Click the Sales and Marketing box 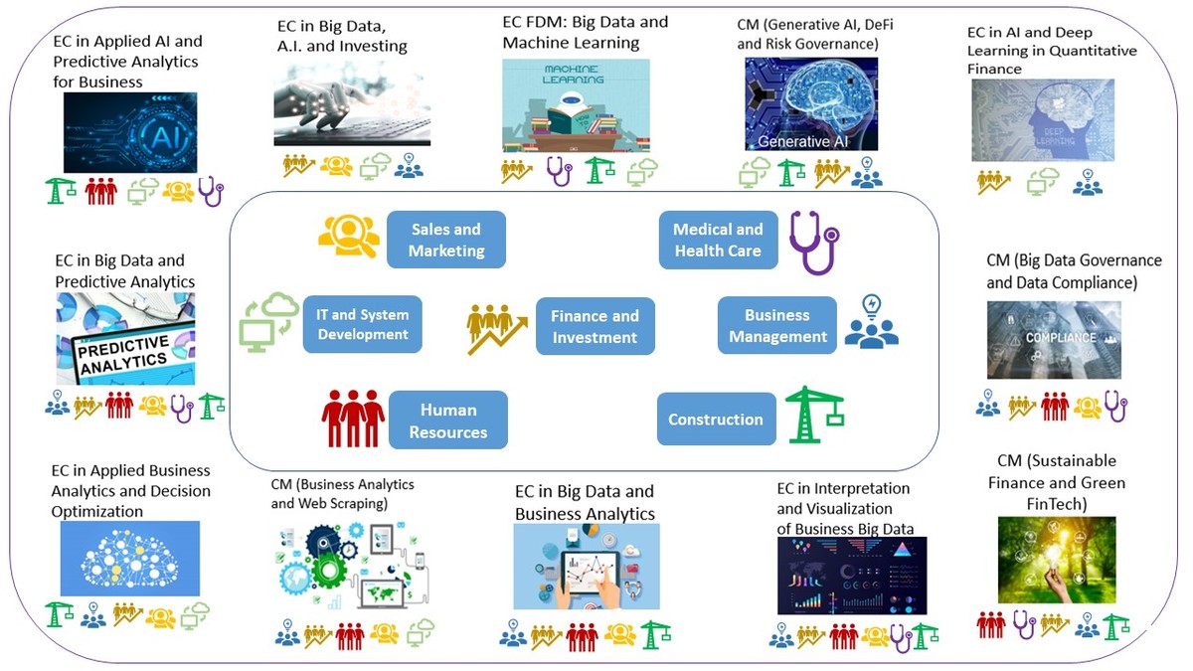[445, 240]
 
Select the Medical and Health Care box [718, 240]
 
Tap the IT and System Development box [363, 324]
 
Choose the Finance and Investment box [595, 326]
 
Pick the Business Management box [777, 325]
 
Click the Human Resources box [447, 420]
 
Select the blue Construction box [716, 419]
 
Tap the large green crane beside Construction [814, 414]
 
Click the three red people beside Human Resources [353, 418]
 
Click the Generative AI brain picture [811, 103]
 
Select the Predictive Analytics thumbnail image [125, 338]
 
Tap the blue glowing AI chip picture [130, 132]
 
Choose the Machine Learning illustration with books [576, 105]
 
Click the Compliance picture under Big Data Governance [1054, 340]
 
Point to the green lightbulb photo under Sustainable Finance [1056, 560]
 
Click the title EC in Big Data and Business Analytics [585, 503]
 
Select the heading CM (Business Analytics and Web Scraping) [343, 493]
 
